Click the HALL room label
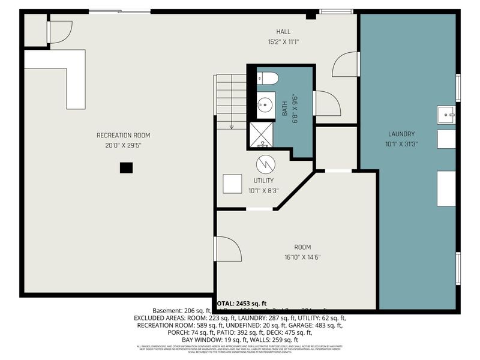pos(283,32)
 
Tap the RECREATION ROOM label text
pos(123,135)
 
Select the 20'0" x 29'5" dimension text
pos(123,145)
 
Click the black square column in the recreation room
pos(125,168)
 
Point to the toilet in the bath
pos(268,78)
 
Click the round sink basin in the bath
pos(264,105)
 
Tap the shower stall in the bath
pos(260,134)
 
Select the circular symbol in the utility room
pos(264,163)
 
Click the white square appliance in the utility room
pos(232,184)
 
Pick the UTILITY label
pos(263,181)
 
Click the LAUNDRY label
pos(401,134)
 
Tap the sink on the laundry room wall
pos(445,113)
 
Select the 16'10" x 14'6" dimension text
pos(302,257)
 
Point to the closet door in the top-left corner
pos(59,32)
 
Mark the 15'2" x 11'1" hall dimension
pos(283,42)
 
